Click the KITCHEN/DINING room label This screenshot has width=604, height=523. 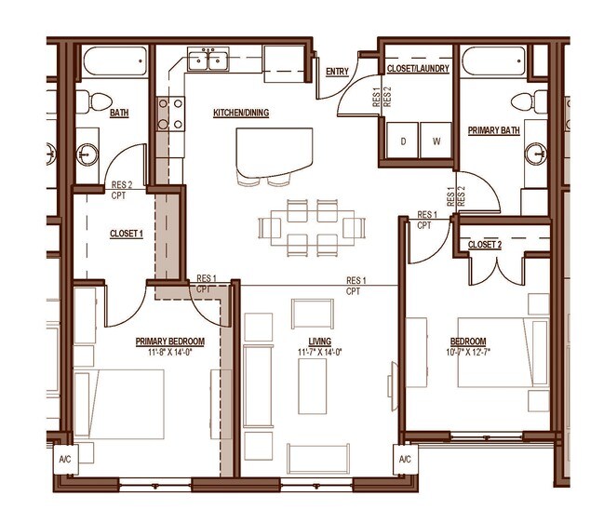coord(241,114)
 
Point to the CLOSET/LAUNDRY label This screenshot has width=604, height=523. coord(419,69)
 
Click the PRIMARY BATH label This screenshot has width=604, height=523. coord(493,131)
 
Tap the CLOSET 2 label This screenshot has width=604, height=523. coord(484,244)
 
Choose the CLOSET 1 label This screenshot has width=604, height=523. coord(126,235)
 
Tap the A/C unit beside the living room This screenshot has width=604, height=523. coord(406,459)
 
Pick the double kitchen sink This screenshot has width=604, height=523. coord(208,61)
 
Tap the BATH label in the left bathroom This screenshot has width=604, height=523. coord(119,114)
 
